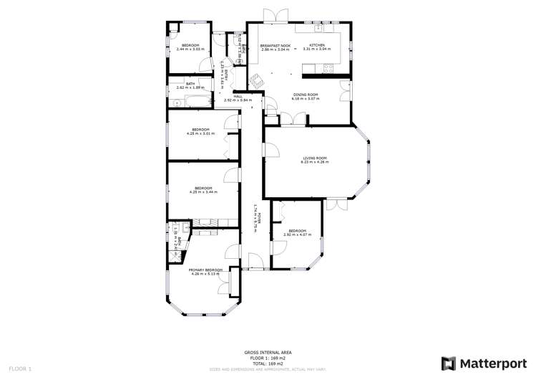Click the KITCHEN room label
[317, 45]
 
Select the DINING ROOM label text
[306, 94]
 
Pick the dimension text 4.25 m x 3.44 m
[203, 192]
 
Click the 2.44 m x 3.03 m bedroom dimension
[190, 49]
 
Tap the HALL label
[238, 96]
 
